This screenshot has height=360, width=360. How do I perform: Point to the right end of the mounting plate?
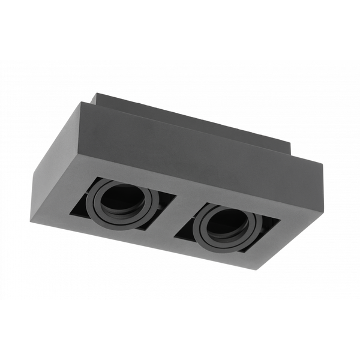pos(290,150)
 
